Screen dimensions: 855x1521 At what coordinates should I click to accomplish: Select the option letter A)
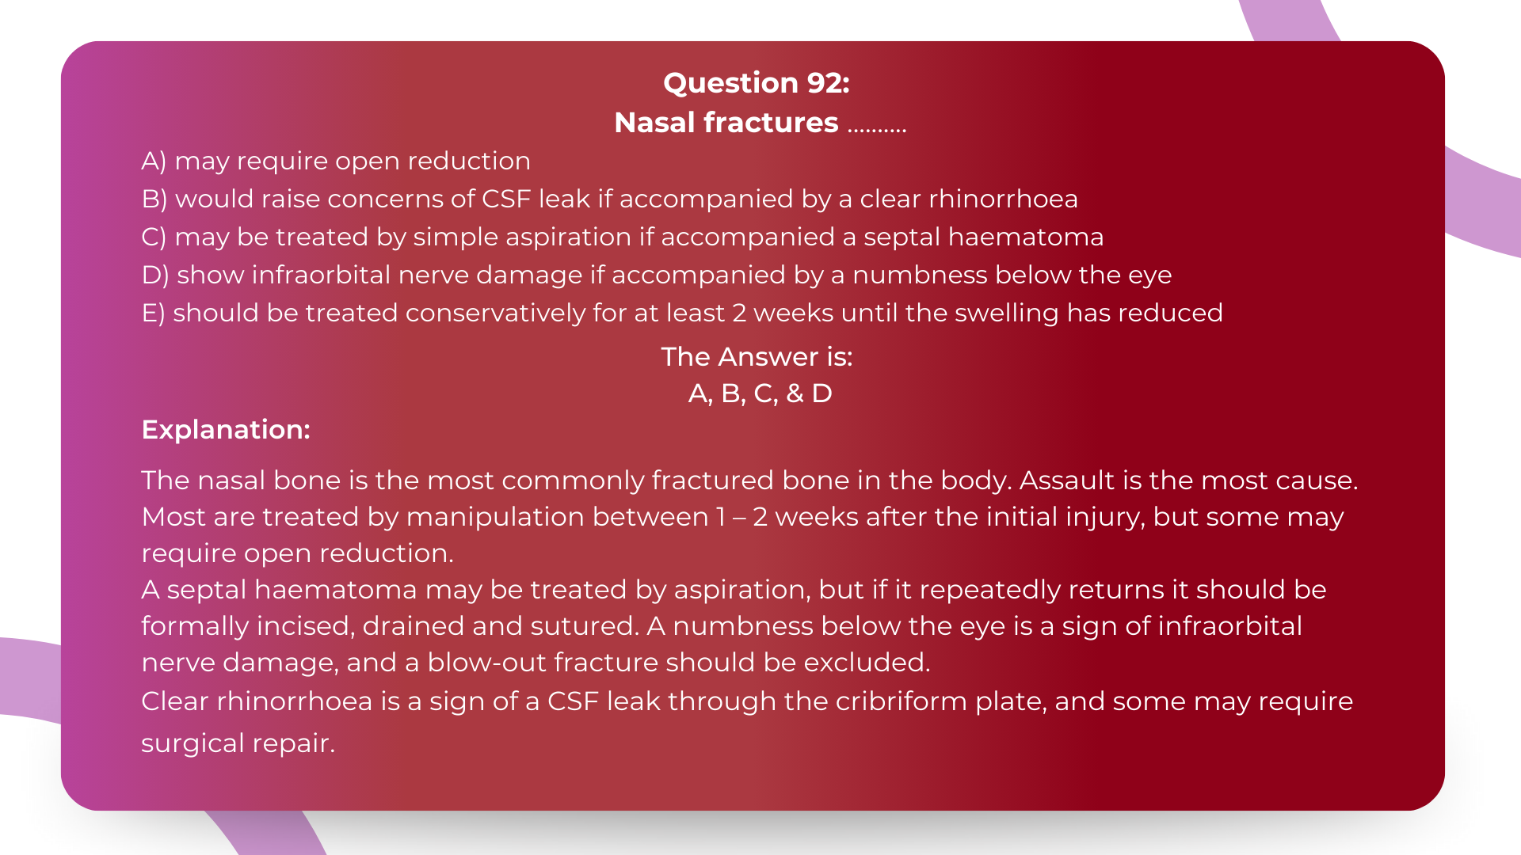(x=154, y=161)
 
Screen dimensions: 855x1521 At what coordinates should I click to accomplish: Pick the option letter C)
(x=154, y=237)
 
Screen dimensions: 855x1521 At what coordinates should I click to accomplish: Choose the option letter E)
(x=153, y=313)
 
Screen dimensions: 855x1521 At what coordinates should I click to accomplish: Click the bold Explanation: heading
(x=226, y=430)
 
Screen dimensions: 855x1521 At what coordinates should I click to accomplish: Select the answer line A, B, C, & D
(x=760, y=393)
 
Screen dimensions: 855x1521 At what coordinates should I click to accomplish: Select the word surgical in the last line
(x=193, y=743)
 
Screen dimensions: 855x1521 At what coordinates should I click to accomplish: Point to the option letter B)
(x=154, y=199)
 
